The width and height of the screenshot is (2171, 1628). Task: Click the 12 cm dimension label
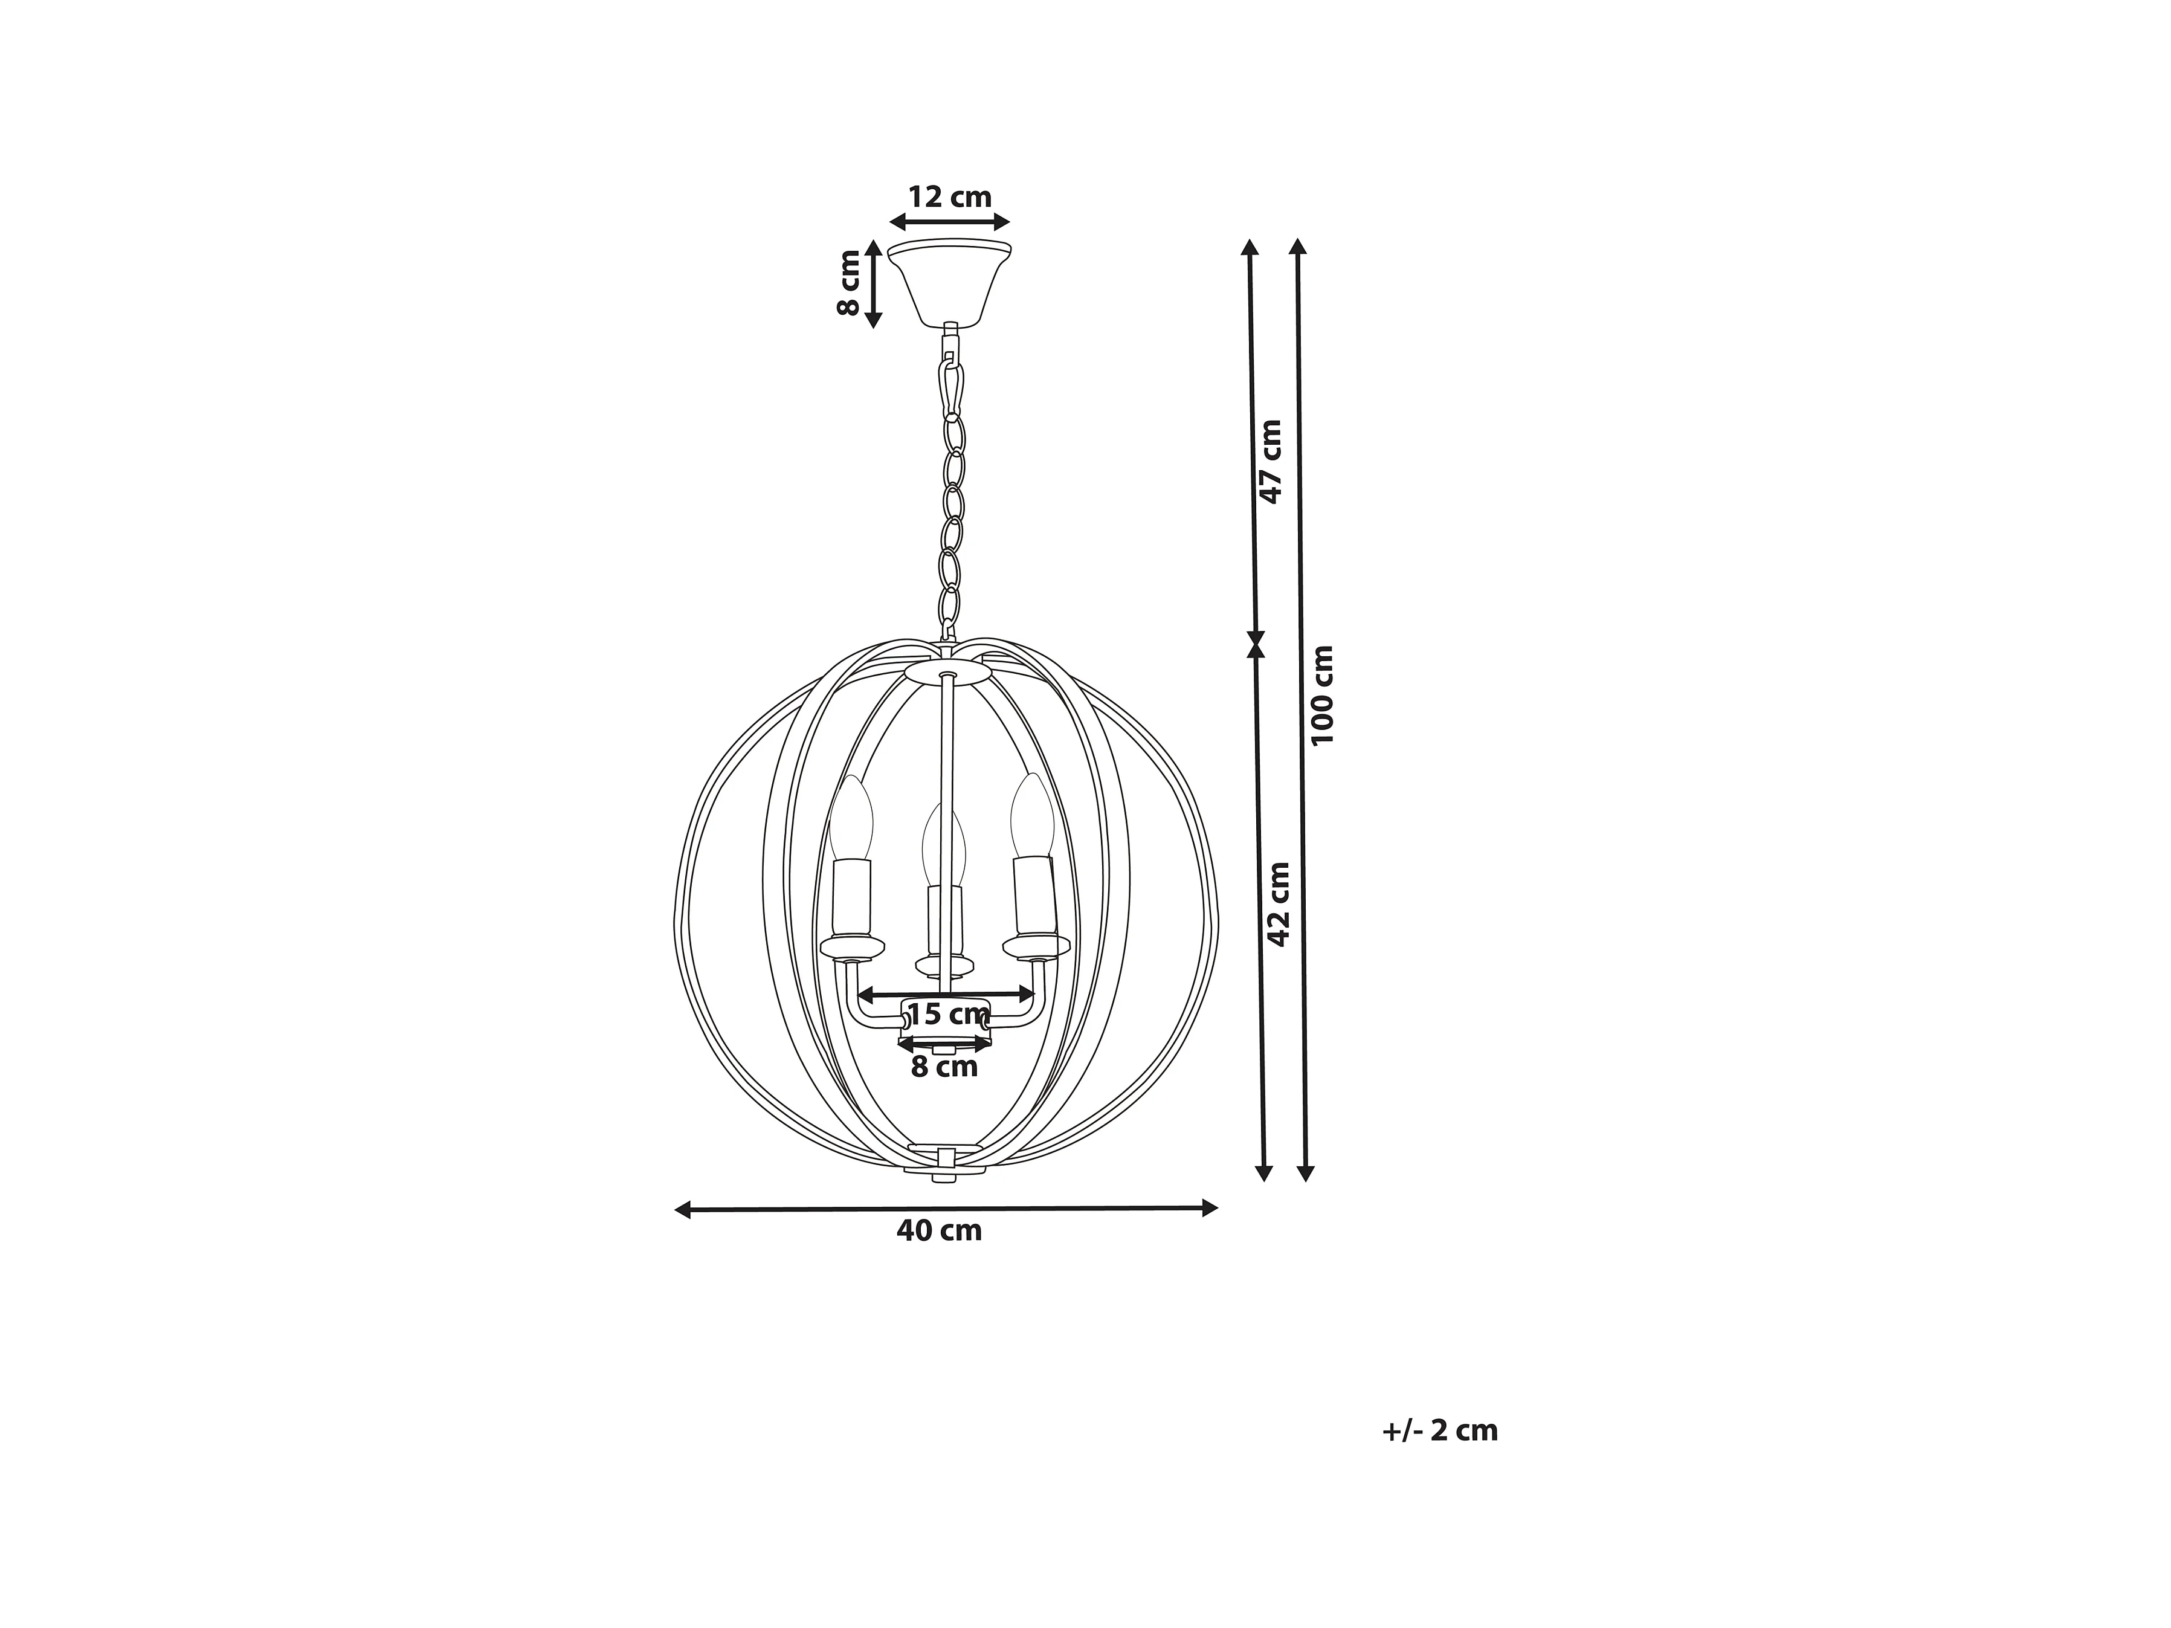tap(949, 197)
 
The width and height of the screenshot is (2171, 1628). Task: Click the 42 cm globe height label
tap(1278, 904)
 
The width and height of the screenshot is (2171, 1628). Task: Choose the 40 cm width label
tap(939, 1230)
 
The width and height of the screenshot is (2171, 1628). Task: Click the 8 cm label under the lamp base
tap(944, 1067)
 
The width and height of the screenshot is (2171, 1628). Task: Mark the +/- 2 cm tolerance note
tap(1440, 1431)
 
